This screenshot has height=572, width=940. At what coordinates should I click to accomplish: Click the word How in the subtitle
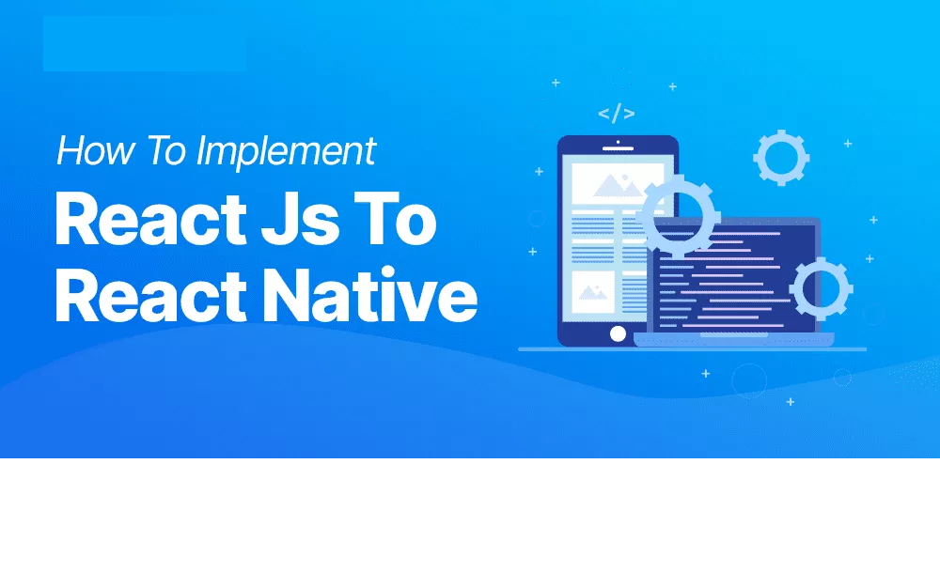click(95, 149)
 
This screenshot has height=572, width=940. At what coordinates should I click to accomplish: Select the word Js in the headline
click(301, 219)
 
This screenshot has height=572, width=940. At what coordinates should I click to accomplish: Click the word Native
click(370, 295)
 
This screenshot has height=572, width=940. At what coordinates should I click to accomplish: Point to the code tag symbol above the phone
click(617, 114)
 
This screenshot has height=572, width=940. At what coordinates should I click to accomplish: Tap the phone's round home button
click(618, 333)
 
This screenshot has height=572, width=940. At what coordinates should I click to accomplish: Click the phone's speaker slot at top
click(618, 148)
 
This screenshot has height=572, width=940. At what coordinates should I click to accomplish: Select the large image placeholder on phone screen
click(618, 184)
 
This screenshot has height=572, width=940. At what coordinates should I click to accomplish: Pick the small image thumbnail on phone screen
click(593, 292)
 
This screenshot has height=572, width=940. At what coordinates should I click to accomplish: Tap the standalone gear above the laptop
click(781, 158)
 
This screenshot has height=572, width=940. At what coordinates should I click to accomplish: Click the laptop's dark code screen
click(734, 279)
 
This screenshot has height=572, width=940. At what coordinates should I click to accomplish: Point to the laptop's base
click(734, 339)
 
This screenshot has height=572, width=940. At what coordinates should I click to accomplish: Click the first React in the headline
click(150, 219)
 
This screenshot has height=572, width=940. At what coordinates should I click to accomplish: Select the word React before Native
click(150, 295)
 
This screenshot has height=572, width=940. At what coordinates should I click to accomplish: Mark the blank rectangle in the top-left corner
click(145, 44)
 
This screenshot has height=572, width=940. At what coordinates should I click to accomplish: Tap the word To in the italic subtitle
click(165, 149)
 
